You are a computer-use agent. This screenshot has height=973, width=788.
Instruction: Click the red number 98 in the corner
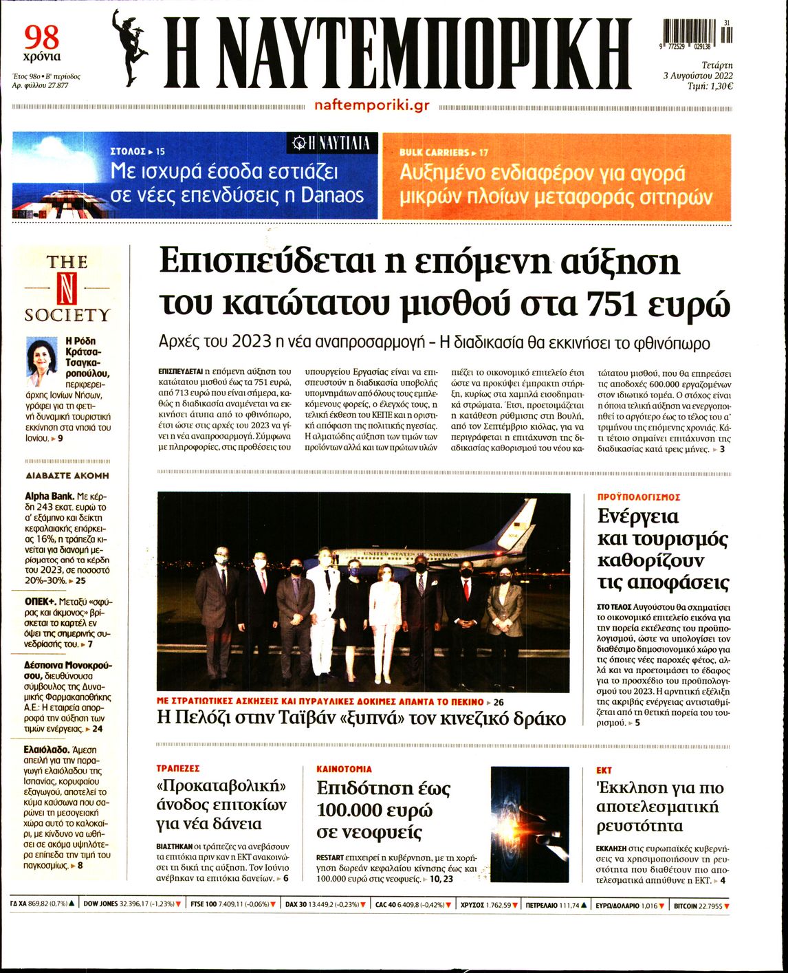click(x=41, y=36)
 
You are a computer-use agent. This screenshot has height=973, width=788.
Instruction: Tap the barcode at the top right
click(x=697, y=33)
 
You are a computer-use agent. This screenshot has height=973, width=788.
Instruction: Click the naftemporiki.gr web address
click(x=371, y=105)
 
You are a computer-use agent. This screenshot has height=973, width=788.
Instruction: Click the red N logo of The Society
click(x=67, y=289)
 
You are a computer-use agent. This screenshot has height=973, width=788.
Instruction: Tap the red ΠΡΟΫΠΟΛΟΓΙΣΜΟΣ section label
click(x=639, y=496)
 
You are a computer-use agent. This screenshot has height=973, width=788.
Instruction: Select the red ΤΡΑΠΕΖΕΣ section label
click(x=177, y=769)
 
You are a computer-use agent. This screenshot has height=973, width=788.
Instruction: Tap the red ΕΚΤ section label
click(x=604, y=770)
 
